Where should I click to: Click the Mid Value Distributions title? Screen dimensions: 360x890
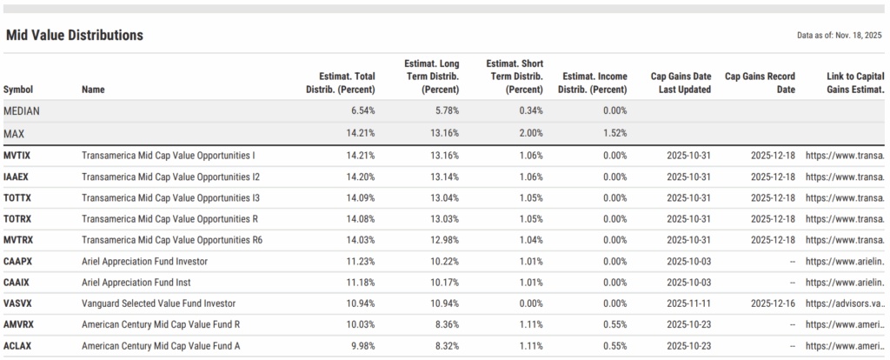pos(74,36)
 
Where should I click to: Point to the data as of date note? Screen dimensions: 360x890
pos(839,36)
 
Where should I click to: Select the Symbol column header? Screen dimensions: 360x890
pos(18,90)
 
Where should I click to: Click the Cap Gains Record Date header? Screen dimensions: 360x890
pos(760,83)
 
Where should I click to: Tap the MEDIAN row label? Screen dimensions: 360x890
pos(22,111)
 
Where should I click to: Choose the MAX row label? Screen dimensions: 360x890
pos(14,133)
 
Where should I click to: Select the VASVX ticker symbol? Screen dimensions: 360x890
pos(18,303)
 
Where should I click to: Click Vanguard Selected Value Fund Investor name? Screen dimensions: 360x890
pos(159,303)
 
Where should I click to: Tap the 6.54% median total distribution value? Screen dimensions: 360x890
pos(361,111)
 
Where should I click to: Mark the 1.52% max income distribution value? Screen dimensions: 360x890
pos(613,133)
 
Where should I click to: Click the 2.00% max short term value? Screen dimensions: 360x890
pos(529,133)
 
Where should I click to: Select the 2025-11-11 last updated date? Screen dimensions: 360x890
pos(689,303)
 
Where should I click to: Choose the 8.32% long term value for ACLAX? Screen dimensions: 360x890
pos(445,346)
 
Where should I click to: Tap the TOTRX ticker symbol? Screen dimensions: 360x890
pos(18,219)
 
